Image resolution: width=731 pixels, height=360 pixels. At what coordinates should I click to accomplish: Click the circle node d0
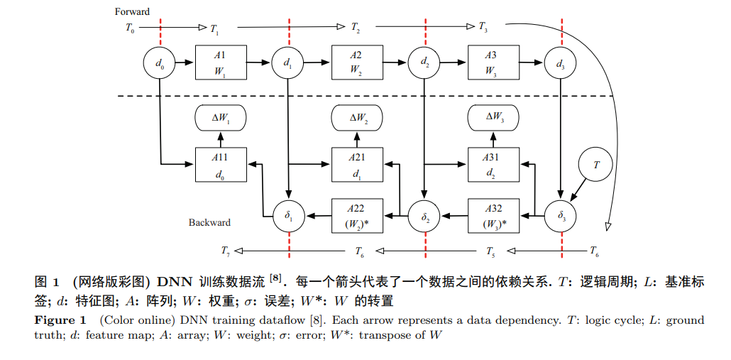(x=160, y=62)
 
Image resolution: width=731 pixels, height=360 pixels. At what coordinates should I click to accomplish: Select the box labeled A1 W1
(x=221, y=62)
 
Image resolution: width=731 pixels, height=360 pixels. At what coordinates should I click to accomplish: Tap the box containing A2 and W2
(x=357, y=62)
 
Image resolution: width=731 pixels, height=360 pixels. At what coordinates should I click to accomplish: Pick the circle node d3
(x=561, y=62)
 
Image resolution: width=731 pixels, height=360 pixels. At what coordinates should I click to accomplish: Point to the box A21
(x=357, y=165)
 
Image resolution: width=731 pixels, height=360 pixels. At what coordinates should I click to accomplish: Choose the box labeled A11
(x=221, y=165)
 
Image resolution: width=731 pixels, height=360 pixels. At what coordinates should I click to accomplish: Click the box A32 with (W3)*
(x=494, y=216)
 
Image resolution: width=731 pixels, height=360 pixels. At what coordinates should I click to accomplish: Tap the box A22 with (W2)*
(x=357, y=216)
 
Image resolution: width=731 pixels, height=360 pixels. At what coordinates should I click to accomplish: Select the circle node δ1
(x=289, y=216)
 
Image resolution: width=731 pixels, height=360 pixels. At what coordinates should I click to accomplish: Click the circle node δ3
(x=561, y=216)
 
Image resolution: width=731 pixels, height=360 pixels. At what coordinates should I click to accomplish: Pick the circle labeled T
(x=595, y=165)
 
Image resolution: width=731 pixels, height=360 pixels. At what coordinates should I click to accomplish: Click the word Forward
(x=132, y=12)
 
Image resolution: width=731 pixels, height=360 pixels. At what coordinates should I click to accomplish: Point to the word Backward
(x=209, y=222)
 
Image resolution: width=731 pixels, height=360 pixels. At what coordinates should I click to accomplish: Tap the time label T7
(x=226, y=251)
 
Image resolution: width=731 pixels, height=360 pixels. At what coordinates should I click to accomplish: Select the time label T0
(x=130, y=28)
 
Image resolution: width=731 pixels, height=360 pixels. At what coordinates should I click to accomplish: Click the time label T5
(x=490, y=252)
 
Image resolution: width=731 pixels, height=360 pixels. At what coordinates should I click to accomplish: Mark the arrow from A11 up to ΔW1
(x=221, y=139)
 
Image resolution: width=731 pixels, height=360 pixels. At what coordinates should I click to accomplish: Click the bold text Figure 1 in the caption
(x=60, y=320)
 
